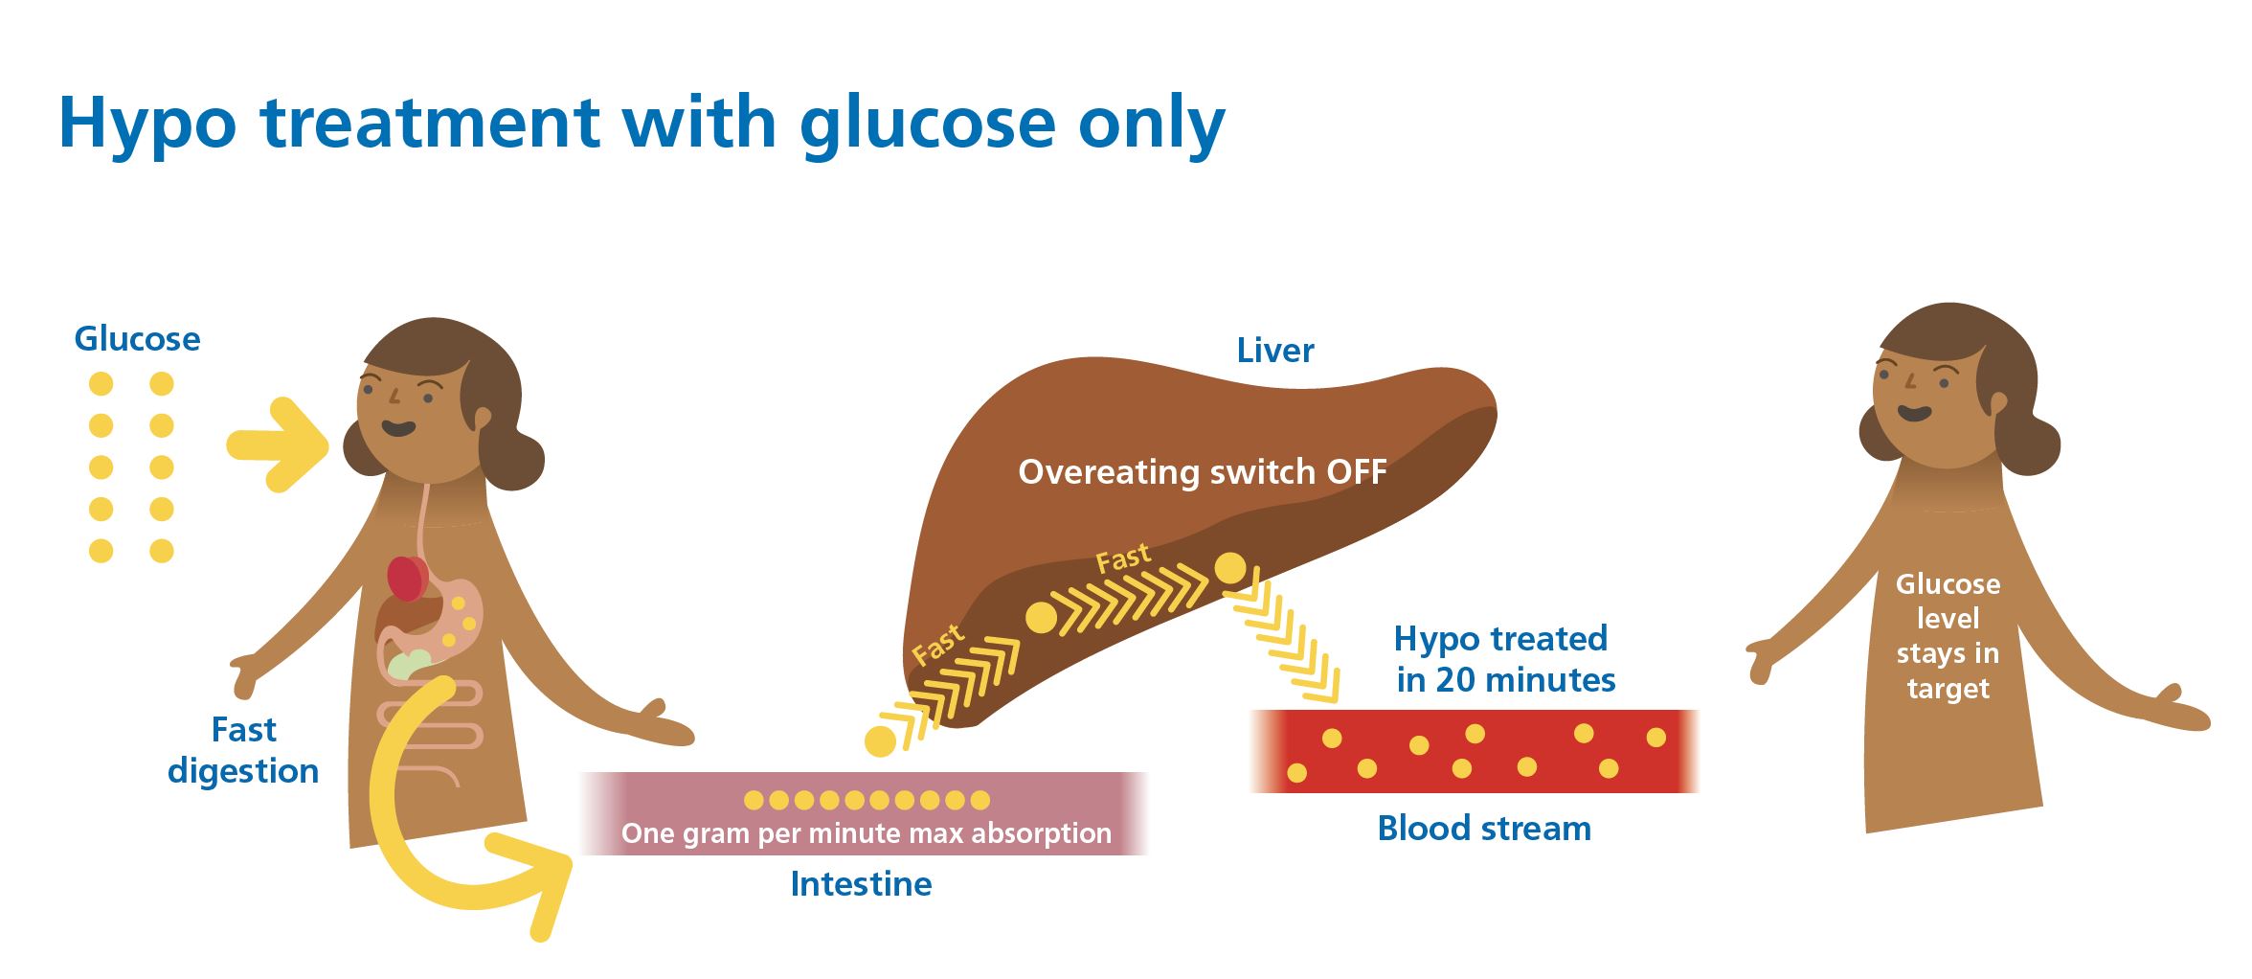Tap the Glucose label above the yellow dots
tap(137, 339)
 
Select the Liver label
tap(1274, 351)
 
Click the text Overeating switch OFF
tap(1202, 472)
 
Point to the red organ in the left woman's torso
tap(408, 579)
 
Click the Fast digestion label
tap(243, 750)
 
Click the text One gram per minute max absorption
tap(866, 833)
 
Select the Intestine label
tap(861, 883)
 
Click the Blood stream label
tap(1483, 829)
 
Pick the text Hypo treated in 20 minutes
tap(1504, 659)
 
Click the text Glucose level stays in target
tap(1948, 636)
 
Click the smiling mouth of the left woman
tap(398, 428)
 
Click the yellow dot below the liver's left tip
tap(879, 741)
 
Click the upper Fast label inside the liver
tap(1123, 559)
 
